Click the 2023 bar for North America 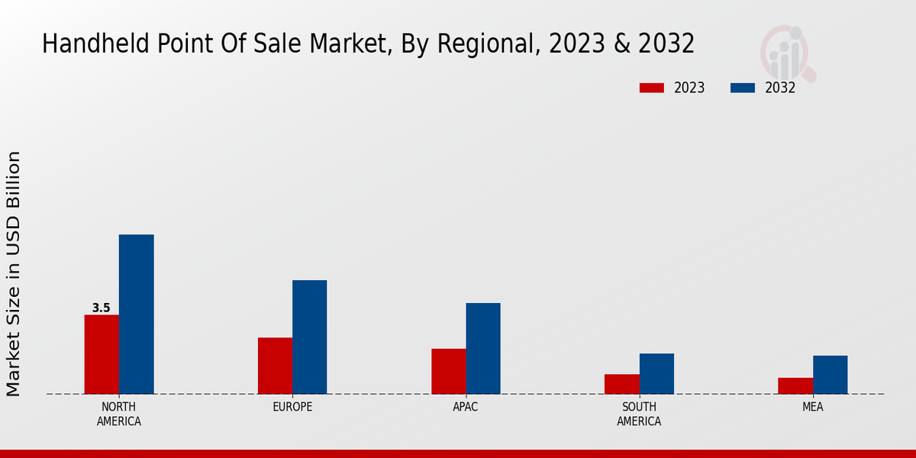[x=102, y=354]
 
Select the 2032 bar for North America [x=136, y=314]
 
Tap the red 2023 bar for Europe [x=275, y=366]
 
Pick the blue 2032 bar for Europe [x=309, y=337]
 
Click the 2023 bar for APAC [x=448, y=371]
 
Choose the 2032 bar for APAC [x=483, y=348]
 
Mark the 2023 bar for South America [x=621, y=384]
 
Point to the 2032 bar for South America [x=656, y=373]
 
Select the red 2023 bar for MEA [x=795, y=385]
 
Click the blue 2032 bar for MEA [x=830, y=375]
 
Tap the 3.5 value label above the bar [x=101, y=308]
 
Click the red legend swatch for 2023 [x=651, y=88]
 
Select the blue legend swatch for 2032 [x=742, y=88]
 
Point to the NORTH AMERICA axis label [x=118, y=414]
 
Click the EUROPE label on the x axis [x=292, y=407]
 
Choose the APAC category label [x=466, y=407]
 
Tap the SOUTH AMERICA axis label [x=639, y=414]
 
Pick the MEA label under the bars [x=812, y=407]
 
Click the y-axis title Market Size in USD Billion [x=14, y=273]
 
